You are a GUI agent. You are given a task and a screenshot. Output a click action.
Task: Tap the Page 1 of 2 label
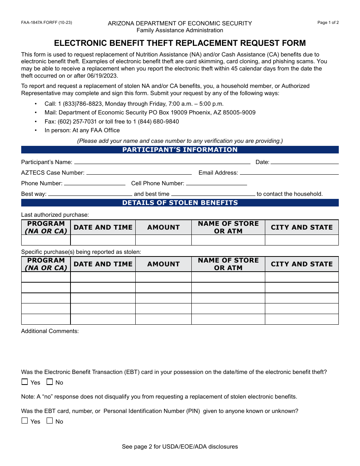point(328,23)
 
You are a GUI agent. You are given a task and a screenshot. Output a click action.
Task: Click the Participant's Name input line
point(162,162)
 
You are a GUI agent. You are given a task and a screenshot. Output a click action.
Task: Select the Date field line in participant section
point(304,162)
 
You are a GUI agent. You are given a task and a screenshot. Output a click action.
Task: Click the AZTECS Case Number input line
point(139,173)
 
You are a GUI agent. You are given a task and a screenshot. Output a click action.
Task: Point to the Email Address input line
point(289,173)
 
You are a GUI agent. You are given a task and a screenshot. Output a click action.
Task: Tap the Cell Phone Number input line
point(216,183)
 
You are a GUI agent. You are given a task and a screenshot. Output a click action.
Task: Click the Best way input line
point(90,194)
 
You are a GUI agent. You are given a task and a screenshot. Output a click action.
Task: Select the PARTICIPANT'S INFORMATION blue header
point(180,150)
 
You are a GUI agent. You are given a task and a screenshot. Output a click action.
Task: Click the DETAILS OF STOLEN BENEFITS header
point(180,203)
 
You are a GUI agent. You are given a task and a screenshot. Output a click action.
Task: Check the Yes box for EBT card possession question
point(25,382)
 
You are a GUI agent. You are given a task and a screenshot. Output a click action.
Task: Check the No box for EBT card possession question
point(50,382)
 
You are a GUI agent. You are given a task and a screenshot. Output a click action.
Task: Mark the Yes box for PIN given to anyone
point(25,421)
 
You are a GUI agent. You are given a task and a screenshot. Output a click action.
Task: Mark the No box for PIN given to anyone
point(50,421)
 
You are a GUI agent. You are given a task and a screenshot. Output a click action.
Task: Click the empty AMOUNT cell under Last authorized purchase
point(163,240)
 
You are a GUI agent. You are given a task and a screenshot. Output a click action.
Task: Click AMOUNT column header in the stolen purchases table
point(163,264)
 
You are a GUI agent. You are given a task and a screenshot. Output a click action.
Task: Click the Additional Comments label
point(50,331)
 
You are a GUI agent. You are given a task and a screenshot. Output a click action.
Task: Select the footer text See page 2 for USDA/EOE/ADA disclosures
point(180,447)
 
